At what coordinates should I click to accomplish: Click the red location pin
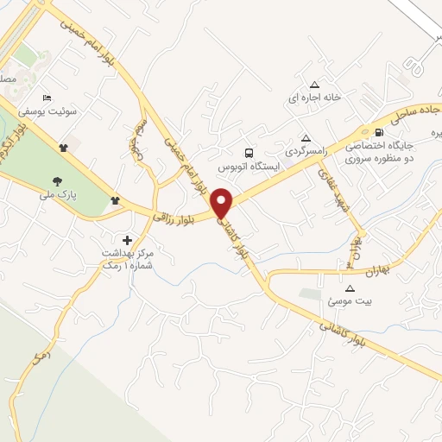[x=223, y=203]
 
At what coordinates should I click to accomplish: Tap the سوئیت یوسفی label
[x=74, y=112]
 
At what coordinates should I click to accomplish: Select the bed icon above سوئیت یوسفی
[x=47, y=98]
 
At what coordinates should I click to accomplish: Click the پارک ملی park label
[x=57, y=195]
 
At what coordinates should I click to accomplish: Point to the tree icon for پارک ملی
[x=57, y=180]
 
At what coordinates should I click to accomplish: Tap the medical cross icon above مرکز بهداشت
[x=128, y=239]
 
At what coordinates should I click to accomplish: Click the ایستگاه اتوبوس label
[x=245, y=164]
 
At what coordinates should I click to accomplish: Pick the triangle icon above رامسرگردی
[x=305, y=137]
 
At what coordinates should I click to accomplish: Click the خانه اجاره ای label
[x=315, y=98]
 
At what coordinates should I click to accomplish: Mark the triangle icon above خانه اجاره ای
[x=315, y=84]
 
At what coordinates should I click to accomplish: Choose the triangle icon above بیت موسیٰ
[x=350, y=288]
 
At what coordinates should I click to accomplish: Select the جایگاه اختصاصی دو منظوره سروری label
[x=380, y=154]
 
